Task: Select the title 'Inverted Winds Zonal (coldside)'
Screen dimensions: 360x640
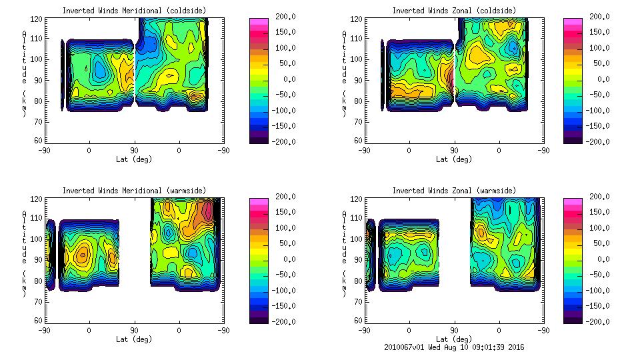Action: tap(454, 10)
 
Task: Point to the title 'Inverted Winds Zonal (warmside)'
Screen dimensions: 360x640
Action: tap(454, 190)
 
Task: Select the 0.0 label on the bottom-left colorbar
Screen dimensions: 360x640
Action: tap(285, 259)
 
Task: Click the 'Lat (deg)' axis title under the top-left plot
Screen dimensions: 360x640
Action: tap(134, 159)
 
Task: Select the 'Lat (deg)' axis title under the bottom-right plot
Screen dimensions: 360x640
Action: tap(454, 339)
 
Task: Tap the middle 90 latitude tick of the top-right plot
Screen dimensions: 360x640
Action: tap(454, 151)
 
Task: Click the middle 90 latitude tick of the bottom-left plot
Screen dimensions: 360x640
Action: tap(134, 330)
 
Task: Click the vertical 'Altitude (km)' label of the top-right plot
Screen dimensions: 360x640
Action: tap(345, 72)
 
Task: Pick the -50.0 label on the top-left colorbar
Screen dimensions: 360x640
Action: tap(282, 95)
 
